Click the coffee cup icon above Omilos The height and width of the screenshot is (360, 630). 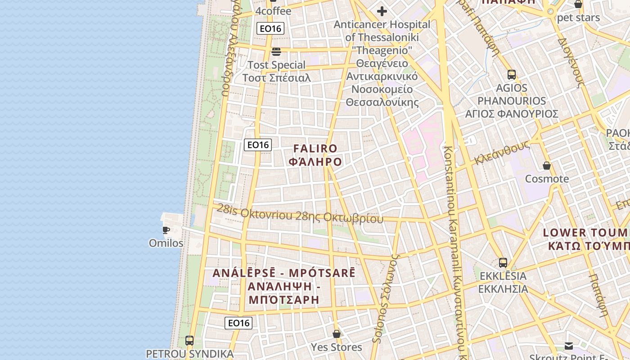pyautogui.click(x=166, y=230)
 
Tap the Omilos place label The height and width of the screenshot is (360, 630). pyautogui.click(x=166, y=243)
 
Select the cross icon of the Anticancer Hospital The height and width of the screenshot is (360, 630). pyautogui.click(x=382, y=11)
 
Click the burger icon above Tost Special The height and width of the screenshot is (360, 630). pyautogui.click(x=276, y=51)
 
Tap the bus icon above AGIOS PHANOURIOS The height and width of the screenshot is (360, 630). pyautogui.click(x=511, y=74)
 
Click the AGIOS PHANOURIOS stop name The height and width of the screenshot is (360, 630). pyautogui.click(x=512, y=101)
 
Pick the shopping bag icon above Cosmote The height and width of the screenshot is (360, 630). pyautogui.click(x=547, y=166)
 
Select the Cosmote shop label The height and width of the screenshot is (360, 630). pyautogui.click(x=547, y=179)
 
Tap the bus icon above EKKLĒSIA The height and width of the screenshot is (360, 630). pyautogui.click(x=503, y=262)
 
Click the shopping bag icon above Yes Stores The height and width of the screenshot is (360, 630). pyautogui.click(x=337, y=334)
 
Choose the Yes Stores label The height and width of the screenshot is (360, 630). pyautogui.click(x=337, y=347)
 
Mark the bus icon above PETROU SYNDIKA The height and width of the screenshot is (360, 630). pyautogui.click(x=189, y=340)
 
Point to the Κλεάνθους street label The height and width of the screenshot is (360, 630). pyautogui.click(x=501, y=153)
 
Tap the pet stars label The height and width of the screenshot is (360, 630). pyautogui.click(x=578, y=18)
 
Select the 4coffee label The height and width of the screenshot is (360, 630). pyautogui.click(x=273, y=11)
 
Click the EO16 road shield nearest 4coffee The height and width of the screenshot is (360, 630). pyautogui.click(x=270, y=29)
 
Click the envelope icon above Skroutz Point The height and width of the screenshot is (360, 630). pyautogui.click(x=569, y=346)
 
